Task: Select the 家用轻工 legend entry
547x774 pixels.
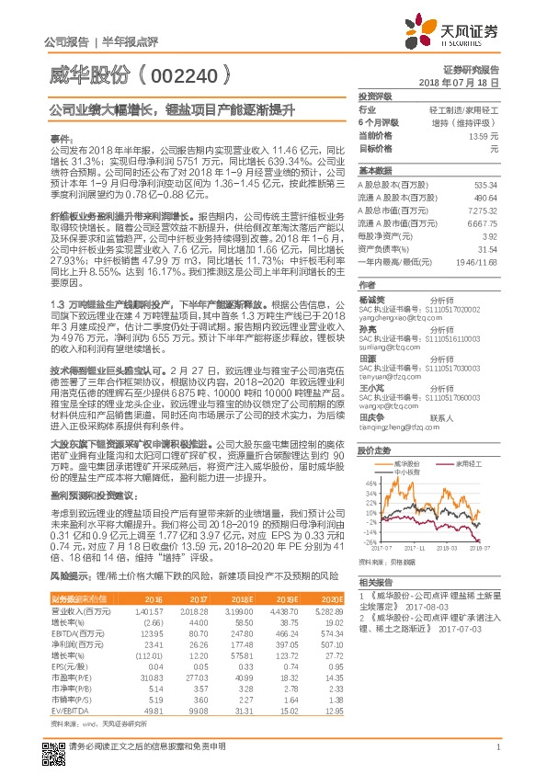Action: coord(470,464)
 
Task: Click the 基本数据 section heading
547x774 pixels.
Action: coord(374,171)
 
